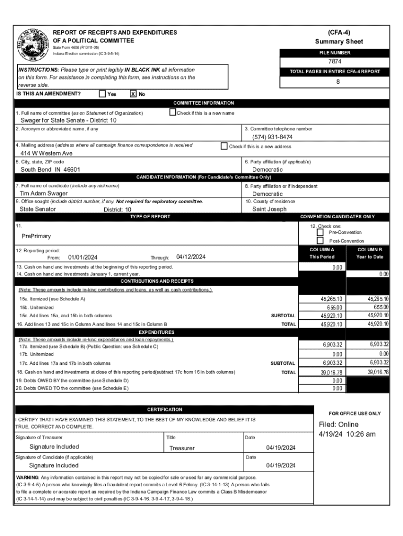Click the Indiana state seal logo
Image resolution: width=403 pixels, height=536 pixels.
pos(32,43)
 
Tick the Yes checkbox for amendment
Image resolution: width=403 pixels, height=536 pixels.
pos(102,94)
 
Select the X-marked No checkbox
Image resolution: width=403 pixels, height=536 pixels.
pos(133,94)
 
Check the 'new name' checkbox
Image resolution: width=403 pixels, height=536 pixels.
pos(173,112)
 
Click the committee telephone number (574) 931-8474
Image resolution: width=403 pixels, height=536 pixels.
pos(272,137)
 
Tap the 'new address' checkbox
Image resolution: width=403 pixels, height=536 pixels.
pos(224,146)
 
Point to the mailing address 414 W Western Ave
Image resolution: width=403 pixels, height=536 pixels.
pos(47,153)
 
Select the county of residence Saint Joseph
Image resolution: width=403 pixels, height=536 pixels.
pos(269,209)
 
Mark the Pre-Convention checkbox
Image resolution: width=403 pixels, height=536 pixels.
pos(320,232)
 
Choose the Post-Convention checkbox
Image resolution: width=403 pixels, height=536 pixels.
pos(320,240)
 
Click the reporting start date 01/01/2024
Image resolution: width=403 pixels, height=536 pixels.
pos(83,257)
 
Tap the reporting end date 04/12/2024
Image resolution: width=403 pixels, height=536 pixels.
pos(191,257)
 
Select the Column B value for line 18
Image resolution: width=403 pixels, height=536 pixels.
pos(378,372)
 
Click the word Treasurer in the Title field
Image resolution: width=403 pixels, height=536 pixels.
pos(182,448)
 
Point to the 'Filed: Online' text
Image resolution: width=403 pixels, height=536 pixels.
pos(339,425)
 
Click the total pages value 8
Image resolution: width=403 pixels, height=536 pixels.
pos(338,82)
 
